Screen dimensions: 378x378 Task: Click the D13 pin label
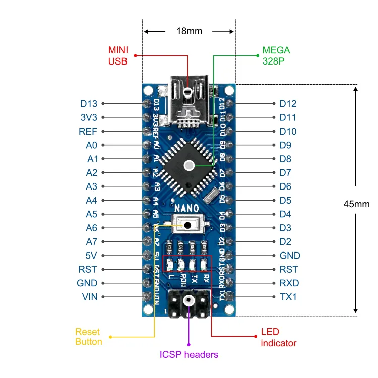coord(88,104)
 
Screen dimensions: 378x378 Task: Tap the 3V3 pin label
coord(88,117)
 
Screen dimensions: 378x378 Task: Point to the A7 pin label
coord(91,241)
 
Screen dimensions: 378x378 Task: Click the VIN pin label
coord(90,297)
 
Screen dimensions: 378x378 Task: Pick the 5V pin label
coord(91,256)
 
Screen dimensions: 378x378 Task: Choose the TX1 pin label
coord(288,297)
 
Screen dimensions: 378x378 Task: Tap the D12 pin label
coord(288,104)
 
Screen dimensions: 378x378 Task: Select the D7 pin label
coord(285,173)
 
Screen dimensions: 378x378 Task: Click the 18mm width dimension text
coord(189,31)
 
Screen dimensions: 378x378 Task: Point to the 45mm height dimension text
coord(356,204)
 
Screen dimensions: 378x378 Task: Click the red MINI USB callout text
coord(118,55)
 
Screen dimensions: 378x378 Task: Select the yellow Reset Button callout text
coord(88,337)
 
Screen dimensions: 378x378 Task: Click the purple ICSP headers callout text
coord(189,354)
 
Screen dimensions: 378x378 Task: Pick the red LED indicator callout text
coord(279,337)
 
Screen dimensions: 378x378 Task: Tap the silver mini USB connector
coord(189,101)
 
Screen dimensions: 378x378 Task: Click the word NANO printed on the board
coord(186,208)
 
